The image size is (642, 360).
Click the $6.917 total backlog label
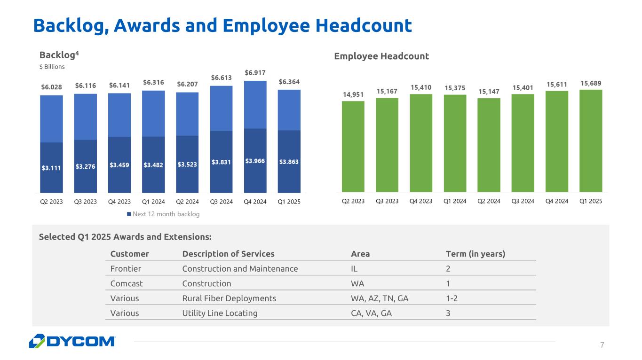[255, 73]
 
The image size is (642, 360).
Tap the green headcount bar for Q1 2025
[591, 141]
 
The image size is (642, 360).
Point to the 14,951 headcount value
[353, 94]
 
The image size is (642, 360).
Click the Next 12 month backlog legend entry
[163, 214]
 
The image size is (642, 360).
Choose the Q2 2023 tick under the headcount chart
[353, 201]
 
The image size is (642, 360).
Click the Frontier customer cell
[126, 269]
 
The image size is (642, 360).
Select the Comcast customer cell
[127, 283]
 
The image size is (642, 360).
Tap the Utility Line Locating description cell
[220, 313]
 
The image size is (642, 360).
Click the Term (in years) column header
[476, 254]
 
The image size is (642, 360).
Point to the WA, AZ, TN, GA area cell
[376, 298]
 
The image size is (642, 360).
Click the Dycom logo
[72, 341]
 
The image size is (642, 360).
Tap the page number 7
[602, 345]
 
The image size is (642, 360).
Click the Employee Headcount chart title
[381, 56]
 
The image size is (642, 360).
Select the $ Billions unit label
[52, 67]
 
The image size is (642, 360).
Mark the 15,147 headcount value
[489, 91]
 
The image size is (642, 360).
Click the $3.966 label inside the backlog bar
[255, 161]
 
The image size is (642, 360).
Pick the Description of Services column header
[228, 254]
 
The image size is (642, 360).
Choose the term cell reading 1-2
[452, 298]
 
